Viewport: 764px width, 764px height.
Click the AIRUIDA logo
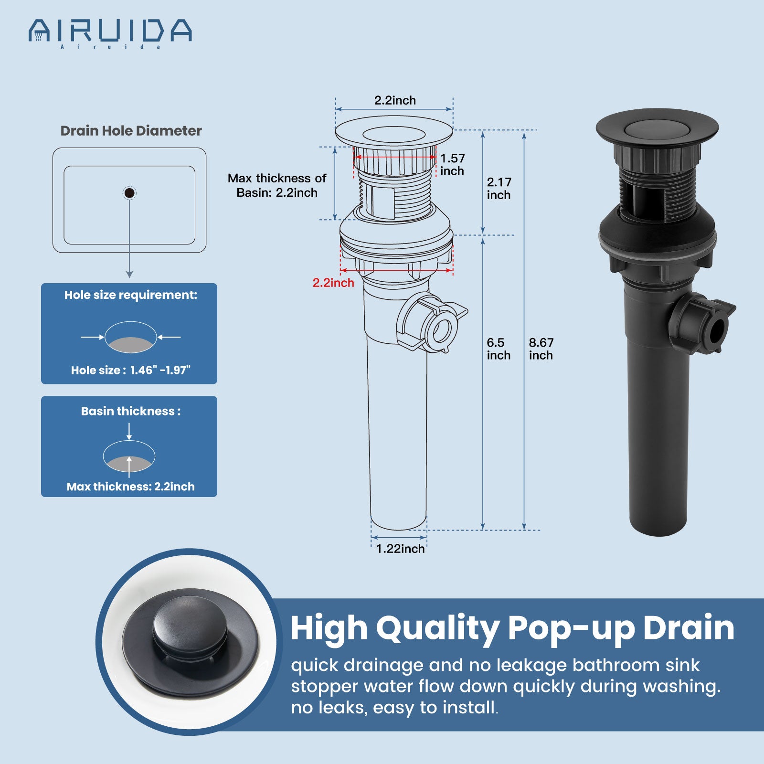[110, 32]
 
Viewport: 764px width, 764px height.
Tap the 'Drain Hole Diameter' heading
[131, 131]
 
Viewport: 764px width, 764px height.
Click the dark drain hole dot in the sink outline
[129, 193]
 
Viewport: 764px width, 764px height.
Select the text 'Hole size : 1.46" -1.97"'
[131, 370]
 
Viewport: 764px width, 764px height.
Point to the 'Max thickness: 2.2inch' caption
[131, 487]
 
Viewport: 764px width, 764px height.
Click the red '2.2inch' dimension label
[333, 283]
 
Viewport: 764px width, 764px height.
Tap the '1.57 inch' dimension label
[452, 164]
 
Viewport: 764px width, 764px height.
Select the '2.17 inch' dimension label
[499, 188]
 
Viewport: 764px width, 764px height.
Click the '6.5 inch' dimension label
[499, 349]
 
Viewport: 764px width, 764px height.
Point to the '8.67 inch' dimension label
[541, 349]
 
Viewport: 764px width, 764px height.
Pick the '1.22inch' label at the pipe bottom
[400, 549]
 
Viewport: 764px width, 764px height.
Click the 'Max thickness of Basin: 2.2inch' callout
[277, 185]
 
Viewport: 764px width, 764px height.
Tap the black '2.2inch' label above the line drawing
[395, 100]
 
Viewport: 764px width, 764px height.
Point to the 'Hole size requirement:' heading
[131, 295]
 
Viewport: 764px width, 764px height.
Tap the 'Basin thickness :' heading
[131, 411]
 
